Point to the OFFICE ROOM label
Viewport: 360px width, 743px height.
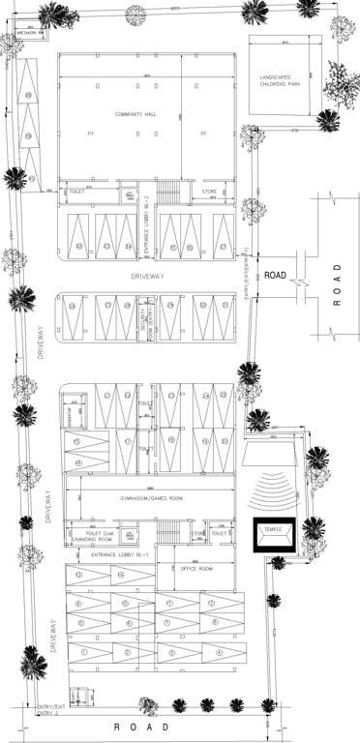(x=197, y=569)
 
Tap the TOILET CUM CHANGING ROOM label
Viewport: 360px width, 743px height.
(x=102, y=537)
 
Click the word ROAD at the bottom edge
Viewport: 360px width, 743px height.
(x=142, y=727)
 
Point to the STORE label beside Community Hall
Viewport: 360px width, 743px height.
(x=209, y=193)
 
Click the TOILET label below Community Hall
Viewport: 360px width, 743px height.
(x=76, y=192)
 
